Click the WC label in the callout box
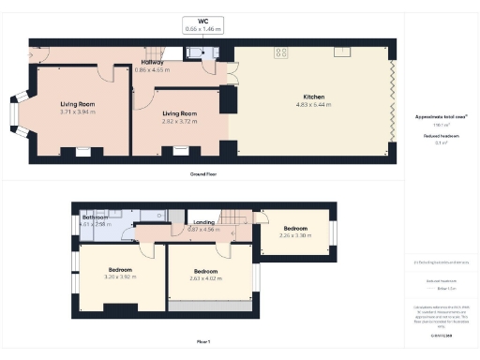[202, 21]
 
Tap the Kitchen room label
[313, 95]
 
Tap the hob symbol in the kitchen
[280, 52]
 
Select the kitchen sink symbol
[344, 52]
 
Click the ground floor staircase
[164, 53]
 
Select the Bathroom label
[96, 217]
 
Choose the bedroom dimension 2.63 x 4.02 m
[210, 277]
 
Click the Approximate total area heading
[442, 117]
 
